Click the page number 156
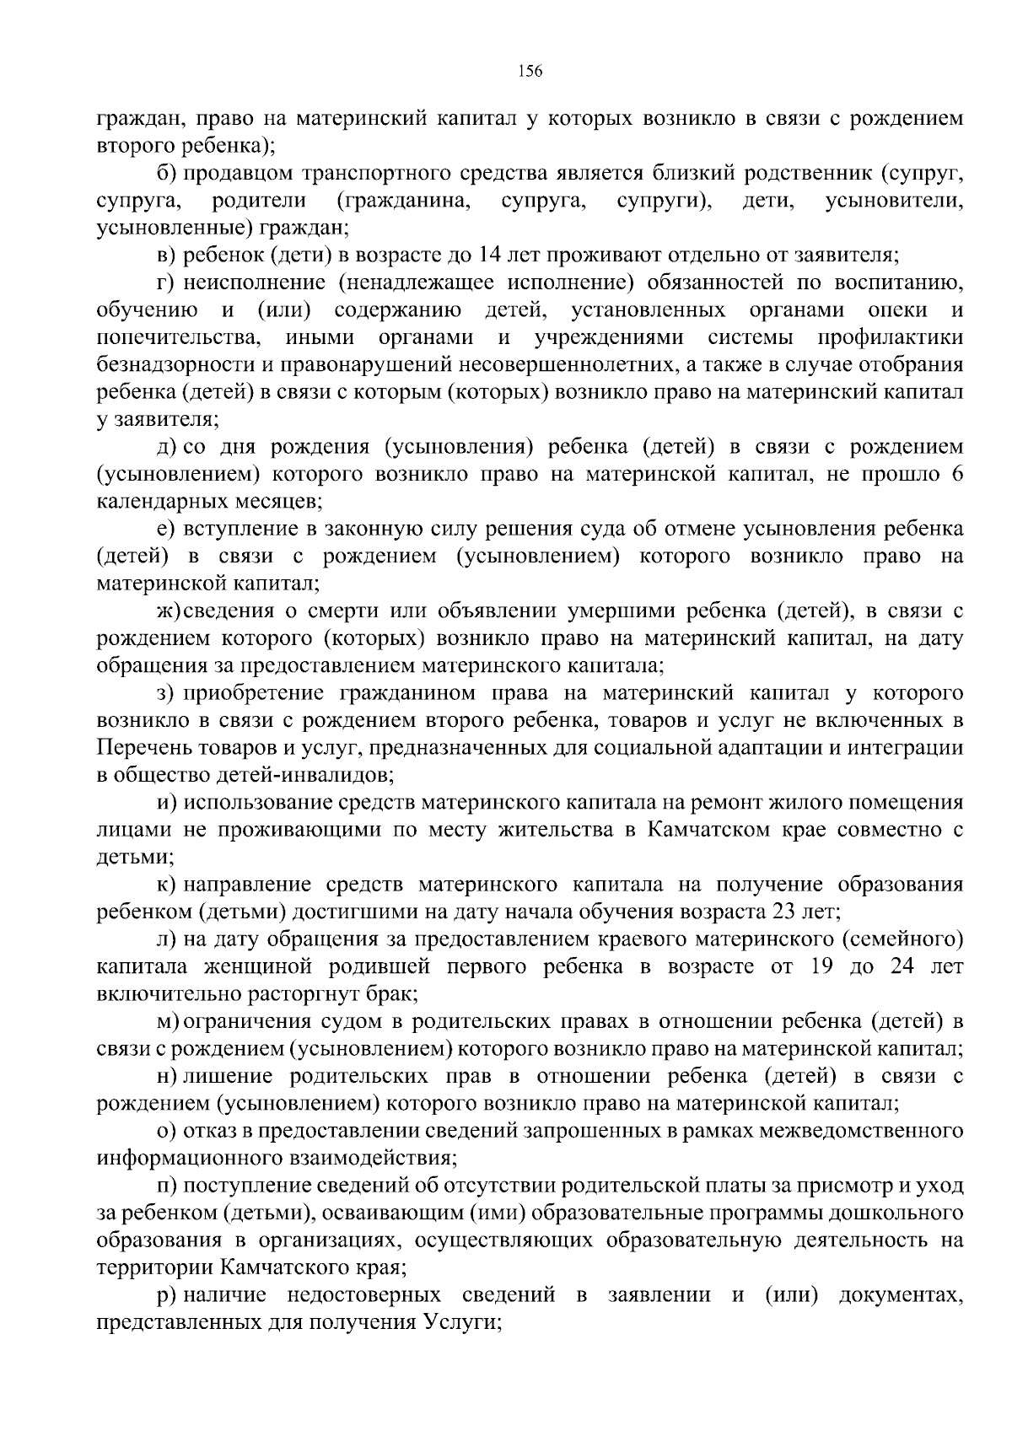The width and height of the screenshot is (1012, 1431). tap(530, 71)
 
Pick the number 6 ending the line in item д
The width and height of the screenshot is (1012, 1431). tap(956, 474)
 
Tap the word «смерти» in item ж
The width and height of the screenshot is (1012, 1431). tap(364, 611)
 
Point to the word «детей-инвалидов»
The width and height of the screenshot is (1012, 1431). tap(309, 773)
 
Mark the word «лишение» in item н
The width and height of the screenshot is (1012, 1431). tap(228, 1076)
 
